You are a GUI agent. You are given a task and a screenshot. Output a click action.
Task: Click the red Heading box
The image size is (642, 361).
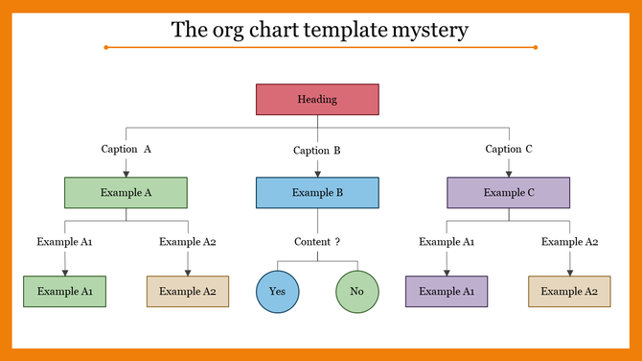pos(317,100)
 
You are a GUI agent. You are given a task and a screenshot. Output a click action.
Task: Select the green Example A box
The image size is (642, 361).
pos(126,193)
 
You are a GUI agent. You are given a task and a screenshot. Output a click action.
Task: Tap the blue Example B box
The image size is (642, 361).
pos(317,193)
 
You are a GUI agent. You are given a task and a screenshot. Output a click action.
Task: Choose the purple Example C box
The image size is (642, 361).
pos(509,193)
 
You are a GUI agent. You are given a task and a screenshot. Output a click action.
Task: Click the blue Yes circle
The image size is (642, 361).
pos(277,291)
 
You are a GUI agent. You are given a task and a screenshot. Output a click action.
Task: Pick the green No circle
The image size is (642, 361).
pos(357,291)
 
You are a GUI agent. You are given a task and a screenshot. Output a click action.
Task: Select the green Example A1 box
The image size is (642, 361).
pos(64,291)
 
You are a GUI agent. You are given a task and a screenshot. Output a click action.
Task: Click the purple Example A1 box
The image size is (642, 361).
pos(447,291)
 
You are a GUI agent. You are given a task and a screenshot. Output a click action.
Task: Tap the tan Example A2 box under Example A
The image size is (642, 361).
pos(187,291)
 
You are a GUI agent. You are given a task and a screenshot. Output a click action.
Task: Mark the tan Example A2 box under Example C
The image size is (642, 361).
pos(569,291)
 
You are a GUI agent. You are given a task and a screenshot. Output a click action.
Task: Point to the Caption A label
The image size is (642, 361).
pos(126,149)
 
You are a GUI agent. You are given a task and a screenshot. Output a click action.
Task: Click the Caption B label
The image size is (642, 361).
pos(317,151)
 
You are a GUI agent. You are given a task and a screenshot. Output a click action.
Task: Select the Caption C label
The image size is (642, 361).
pos(509,149)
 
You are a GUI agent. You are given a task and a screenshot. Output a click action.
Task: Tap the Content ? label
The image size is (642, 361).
pos(317,242)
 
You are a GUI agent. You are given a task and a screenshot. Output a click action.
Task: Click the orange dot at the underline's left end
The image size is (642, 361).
pos(104,47)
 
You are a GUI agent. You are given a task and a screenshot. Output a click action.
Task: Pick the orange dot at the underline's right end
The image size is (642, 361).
pos(535,47)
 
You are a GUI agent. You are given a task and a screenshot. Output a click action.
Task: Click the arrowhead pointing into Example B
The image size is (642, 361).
pos(317,174)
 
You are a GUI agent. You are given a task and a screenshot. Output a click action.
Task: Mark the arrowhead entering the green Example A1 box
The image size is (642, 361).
pos(64,273)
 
